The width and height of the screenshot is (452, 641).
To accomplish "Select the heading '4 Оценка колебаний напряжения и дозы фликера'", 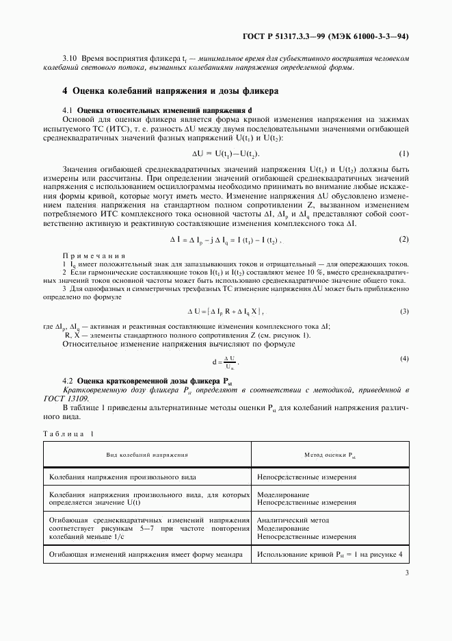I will click(170, 91).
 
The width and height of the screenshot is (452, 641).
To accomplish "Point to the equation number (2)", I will click(403, 239).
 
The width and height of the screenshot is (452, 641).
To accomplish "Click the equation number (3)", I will click(403, 312).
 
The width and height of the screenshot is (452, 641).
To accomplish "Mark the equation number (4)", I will click(403, 359).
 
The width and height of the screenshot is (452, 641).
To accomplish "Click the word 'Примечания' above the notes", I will click(85, 255).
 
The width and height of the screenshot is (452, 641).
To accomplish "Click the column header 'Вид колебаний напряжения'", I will click(146, 455).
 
